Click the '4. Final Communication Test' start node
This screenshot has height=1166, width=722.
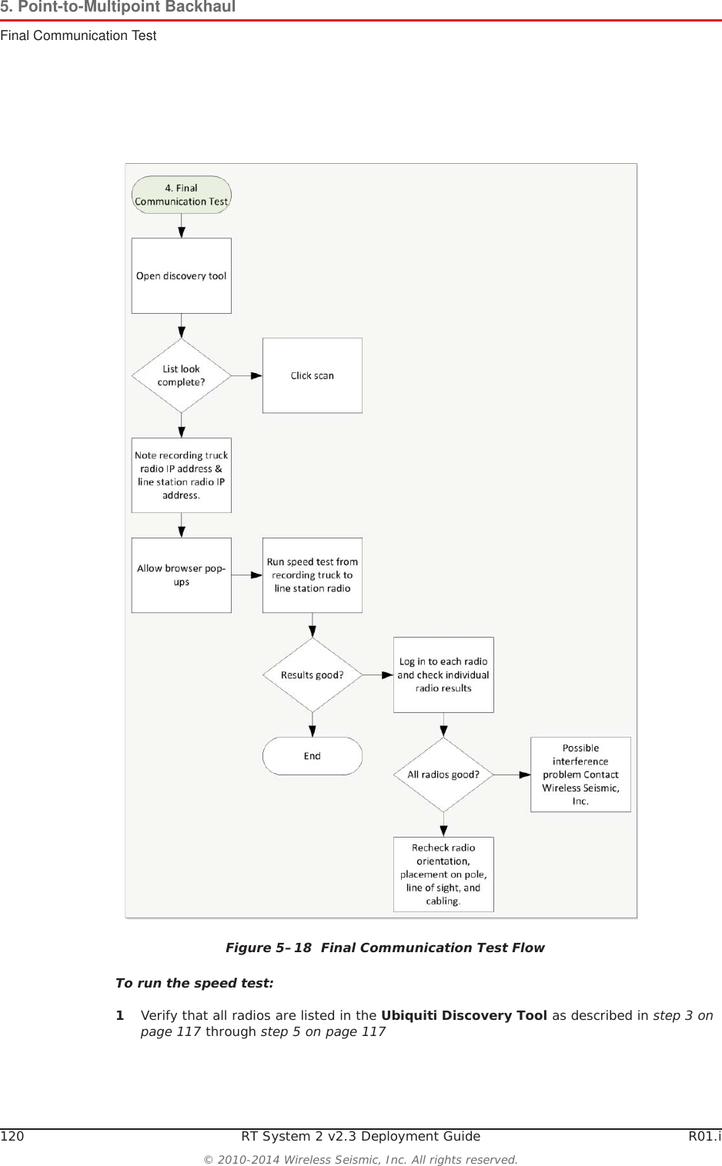pyautogui.click(x=181, y=195)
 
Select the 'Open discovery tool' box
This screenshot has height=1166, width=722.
pyautogui.click(x=181, y=275)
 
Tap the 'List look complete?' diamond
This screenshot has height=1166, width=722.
pyautogui.click(x=181, y=375)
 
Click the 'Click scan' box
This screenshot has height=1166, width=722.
pyautogui.click(x=312, y=375)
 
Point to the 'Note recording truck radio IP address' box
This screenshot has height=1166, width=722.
pyautogui.click(x=181, y=475)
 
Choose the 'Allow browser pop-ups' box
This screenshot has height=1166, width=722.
pyautogui.click(x=181, y=575)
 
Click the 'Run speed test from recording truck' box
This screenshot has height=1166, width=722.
pyautogui.click(x=312, y=575)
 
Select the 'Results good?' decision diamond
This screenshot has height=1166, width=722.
pyautogui.click(x=312, y=675)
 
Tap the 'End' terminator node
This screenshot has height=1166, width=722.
pyautogui.click(x=312, y=756)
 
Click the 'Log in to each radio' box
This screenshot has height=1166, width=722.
pyautogui.click(x=443, y=675)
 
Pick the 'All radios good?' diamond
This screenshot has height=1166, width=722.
pyautogui.click(x=443, y=775)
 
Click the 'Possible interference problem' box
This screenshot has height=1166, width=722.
pyautogui.click(x=580, y=775)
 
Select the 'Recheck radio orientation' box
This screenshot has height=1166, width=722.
pyautogui.click(x=443, y=874)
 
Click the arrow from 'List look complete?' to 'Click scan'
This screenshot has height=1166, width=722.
pyautogui.click(x=247, y=375)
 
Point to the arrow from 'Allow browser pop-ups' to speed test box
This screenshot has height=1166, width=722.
pyautogui.click(x=247, y=575)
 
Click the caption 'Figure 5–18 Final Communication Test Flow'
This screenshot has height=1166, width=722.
pyautogui.click(x=384, y=948)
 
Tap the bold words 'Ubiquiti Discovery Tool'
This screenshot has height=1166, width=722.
pyautogui.click(x=463, y=1015)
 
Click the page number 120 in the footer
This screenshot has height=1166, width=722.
pyautogui.click(x=12, y=1136)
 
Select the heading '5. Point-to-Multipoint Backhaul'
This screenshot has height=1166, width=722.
pyautogui.click(x=118, y=7)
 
